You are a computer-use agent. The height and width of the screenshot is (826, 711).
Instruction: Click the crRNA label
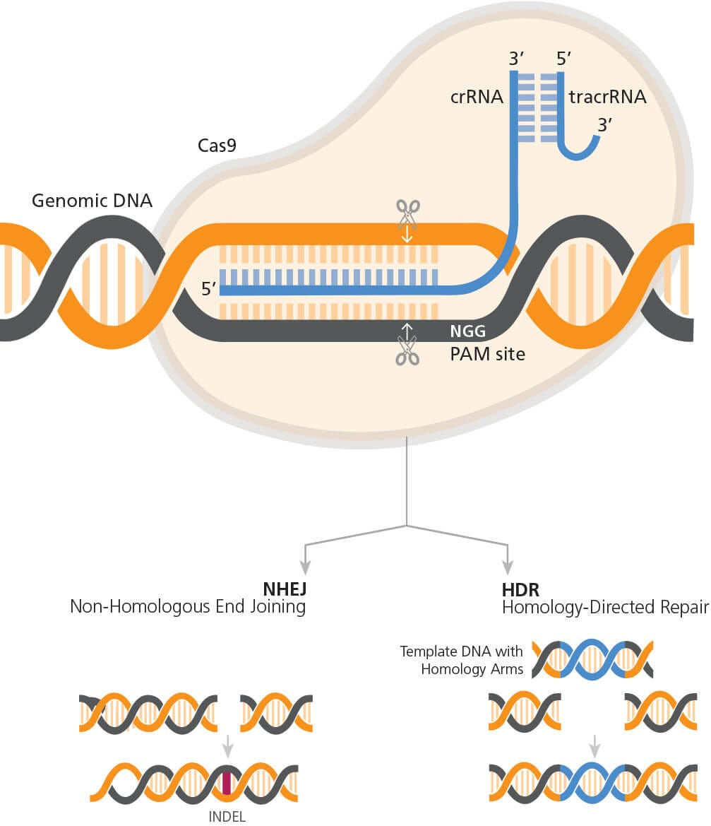[477, 97]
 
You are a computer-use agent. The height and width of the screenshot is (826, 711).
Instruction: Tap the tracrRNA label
[607, 97]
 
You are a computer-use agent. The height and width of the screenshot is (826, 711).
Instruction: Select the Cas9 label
[217, 146]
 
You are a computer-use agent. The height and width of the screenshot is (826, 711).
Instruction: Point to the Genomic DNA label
[92, 201]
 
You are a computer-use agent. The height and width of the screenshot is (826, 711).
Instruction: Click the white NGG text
[468, 331]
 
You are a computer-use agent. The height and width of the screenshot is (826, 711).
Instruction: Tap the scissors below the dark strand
[407, 350]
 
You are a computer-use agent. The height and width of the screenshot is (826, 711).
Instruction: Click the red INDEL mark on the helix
[227, 783]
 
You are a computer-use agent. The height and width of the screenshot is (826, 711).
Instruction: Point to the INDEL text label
[227, 817]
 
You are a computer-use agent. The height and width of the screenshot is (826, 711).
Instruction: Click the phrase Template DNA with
[461, 651]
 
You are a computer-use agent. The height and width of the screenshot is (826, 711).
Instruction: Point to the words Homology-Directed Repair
[605, 606]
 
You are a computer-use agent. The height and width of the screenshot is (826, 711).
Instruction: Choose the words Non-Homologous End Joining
[188, 606]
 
